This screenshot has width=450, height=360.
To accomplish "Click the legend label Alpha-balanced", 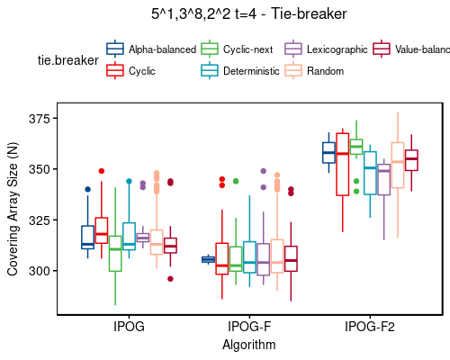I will click(162, 49).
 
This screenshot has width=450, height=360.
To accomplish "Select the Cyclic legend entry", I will click(141, 70).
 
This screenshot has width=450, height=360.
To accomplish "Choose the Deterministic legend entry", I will click(252, 70).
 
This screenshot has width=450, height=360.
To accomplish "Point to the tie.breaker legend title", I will click(66, 60).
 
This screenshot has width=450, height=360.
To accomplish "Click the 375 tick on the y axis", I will click(40, 119).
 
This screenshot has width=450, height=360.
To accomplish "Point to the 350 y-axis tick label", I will click(40, 169).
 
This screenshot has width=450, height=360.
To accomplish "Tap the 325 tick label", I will click(40, 220).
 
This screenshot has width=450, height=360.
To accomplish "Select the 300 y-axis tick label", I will click(40, 271).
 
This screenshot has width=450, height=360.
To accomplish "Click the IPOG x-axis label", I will click(130, 327).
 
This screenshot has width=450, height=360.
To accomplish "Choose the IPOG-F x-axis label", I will click(249, 327).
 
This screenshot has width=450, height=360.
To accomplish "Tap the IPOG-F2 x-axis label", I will click(370, 327).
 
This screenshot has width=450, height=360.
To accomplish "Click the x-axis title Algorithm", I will click(249, 344).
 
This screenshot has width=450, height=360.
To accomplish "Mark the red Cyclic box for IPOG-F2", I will click(342, 164).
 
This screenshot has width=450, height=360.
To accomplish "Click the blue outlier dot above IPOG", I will click(87, 189).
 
